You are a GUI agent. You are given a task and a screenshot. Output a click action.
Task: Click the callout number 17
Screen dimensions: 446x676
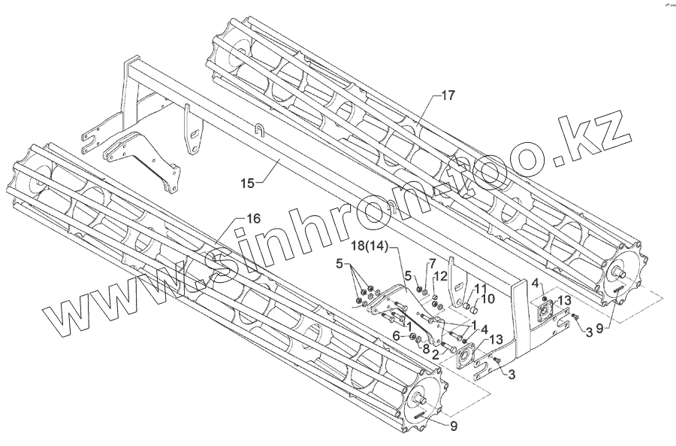(x=448, y=96)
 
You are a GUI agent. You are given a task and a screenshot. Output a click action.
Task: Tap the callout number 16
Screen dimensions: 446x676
(x=252, y=218)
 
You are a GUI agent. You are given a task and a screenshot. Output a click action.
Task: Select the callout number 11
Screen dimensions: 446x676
(x=480, y=289)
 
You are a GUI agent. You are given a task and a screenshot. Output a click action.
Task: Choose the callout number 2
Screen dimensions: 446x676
(x=435, y=353)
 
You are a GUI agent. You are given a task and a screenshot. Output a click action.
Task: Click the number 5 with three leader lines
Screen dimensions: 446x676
(x=341, y=265)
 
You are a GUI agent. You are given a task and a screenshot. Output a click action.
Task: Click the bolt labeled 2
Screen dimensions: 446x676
(x=446, y=345)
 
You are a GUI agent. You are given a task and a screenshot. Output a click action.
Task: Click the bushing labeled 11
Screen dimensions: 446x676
(x=465, y=305)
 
